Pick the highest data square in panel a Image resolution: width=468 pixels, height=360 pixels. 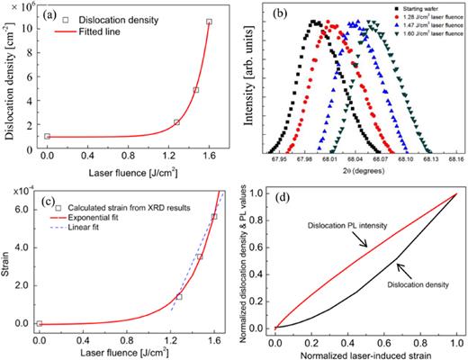[x=209, y=21]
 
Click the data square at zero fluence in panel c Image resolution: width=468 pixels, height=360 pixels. [x=39, y=322]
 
